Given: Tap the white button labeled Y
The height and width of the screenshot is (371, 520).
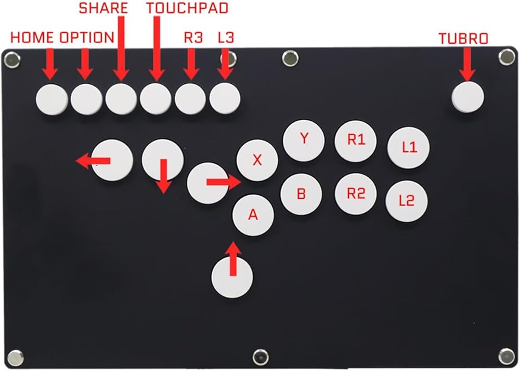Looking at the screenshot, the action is [304, 140].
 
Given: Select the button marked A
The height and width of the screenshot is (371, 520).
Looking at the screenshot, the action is [253, 215].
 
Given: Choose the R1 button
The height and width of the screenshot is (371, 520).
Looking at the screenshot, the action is [356, 140].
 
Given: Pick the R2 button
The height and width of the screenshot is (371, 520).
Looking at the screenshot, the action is [356, 194].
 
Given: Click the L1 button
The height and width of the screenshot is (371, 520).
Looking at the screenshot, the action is [409, 147].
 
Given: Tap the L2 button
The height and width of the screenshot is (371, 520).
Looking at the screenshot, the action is [407, 201].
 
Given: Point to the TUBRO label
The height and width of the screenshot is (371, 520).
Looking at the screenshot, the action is [463, 39].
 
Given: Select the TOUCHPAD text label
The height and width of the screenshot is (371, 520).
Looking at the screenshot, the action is [179, 8].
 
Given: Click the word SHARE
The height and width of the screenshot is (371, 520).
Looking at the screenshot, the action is [103, 8].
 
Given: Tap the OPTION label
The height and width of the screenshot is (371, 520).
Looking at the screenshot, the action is [87, 37].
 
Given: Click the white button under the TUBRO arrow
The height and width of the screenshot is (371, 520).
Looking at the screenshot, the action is [467, 96].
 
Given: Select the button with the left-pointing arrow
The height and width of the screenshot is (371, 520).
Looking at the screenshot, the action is [113, 160].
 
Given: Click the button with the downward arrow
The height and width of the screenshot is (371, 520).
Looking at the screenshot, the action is [163, 159].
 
